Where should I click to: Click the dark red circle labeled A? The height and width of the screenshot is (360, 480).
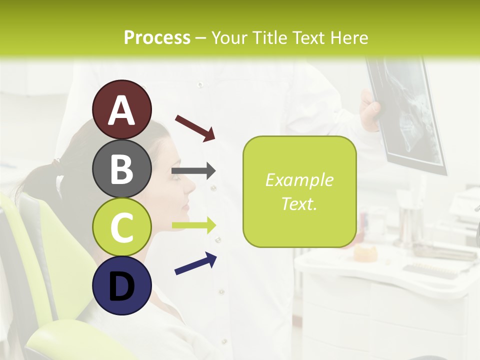coord(122,109)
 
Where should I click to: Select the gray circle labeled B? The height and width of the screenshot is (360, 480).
coord(122,168)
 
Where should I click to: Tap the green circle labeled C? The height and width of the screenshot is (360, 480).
coord(122,227)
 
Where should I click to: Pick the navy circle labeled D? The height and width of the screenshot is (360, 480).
coord(122,285)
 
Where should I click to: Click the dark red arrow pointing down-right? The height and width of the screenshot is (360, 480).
coord(195,127)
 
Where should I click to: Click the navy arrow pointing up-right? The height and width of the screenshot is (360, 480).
coord(195,263)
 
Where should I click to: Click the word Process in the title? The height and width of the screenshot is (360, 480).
coord(157,37)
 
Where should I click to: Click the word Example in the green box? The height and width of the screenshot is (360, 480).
coord(299,180)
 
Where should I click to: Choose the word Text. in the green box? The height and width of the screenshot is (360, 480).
coord(299,203)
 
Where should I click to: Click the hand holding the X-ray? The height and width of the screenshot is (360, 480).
coord(370,112)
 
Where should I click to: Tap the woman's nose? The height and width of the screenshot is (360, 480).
coord(190,185)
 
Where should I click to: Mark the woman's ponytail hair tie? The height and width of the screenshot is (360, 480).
coord(56,162)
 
